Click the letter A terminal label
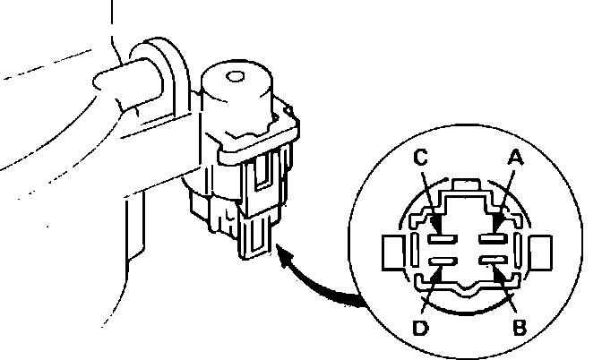point(515,158)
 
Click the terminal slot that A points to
point(489,238)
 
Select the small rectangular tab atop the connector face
point(464,185)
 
